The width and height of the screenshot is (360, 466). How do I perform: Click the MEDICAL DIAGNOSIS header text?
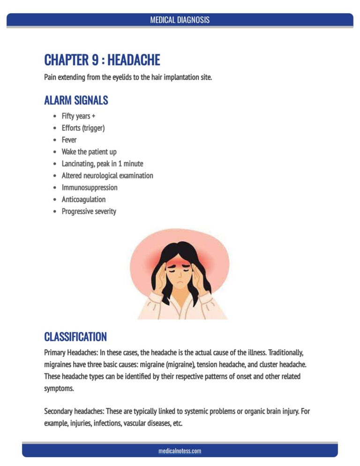point(180,20)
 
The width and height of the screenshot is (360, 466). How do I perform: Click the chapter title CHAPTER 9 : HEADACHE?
point(102,60)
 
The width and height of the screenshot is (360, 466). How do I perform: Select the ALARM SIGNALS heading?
point(76,100)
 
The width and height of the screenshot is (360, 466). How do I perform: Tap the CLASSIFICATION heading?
point(75,337)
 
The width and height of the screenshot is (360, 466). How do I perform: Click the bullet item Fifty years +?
point(78,116)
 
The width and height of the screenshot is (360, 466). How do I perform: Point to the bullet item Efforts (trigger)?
point(83,128)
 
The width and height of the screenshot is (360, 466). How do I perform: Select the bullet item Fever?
point(69,140)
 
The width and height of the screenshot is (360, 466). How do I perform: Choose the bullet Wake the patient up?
point(89,152)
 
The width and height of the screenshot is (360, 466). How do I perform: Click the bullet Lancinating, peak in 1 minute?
point(102,164)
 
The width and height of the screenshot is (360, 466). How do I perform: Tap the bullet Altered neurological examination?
point(107,175)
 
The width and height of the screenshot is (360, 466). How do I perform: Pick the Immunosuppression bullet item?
point(90,188)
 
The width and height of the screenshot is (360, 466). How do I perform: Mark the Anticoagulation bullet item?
point(83,199)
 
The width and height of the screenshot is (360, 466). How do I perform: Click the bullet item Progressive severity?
point(89,211)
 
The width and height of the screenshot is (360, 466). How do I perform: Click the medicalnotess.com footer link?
point(180,451)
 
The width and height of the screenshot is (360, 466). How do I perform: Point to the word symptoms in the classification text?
point(59,388)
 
